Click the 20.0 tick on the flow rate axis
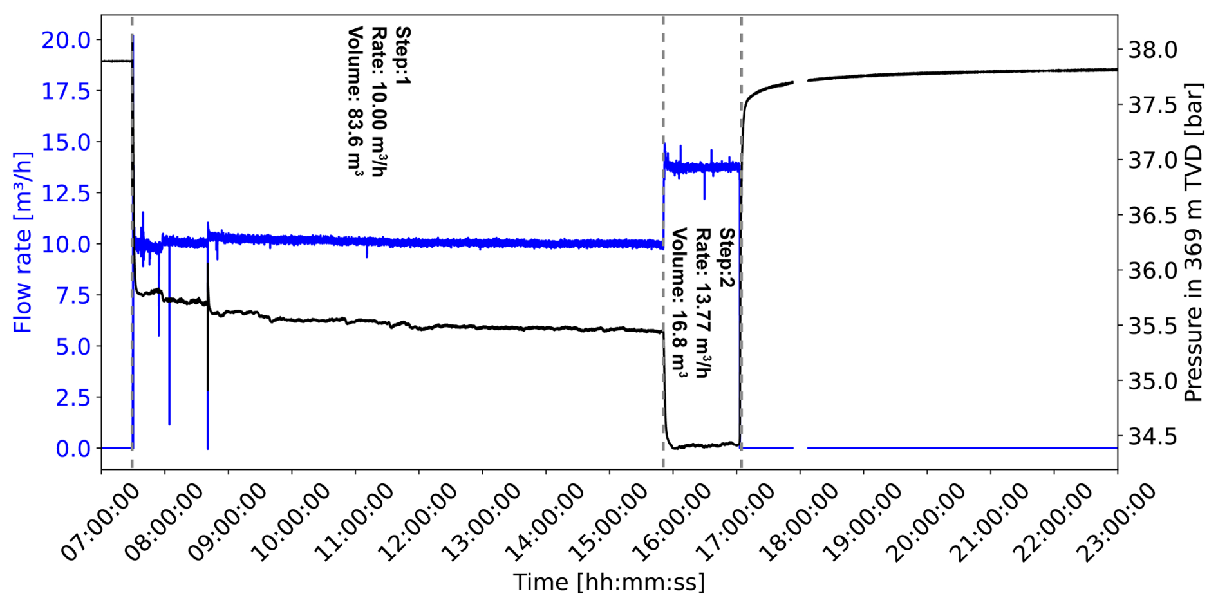(66, 40)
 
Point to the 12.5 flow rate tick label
(66, 193)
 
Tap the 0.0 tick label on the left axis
(73, 449)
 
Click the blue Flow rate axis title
(23, 243)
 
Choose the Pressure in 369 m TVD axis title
(1194, 243)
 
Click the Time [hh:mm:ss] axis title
(609, 583)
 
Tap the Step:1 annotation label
(402, 57)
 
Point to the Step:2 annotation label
(727, 257)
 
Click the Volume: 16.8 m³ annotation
(680, 303)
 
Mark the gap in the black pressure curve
(801, 81)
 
